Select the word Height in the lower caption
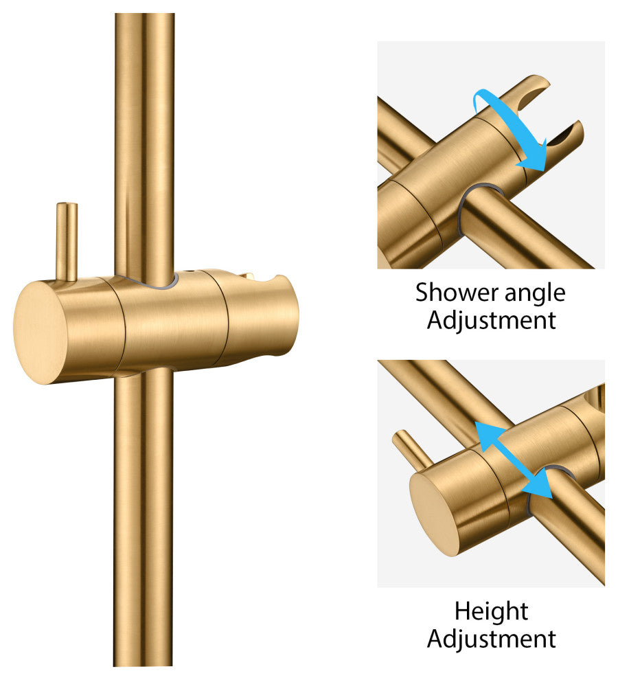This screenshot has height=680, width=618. pos(492,612)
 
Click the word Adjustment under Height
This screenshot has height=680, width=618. pos(492,639)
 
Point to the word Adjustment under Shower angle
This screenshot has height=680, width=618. pos(492,321)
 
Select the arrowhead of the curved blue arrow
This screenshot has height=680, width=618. pos(534,158)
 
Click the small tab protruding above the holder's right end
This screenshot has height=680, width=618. pos(249,275)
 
